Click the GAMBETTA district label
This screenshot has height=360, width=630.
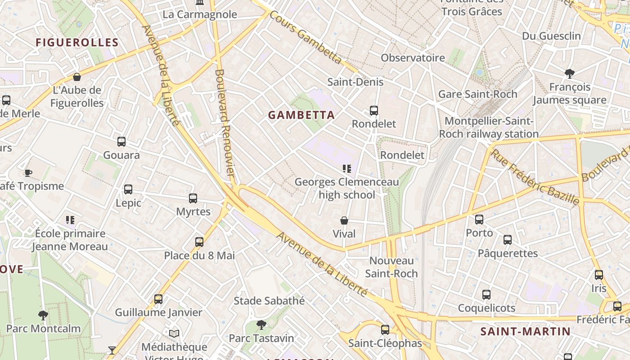coord(301,115)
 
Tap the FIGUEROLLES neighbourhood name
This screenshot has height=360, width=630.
coord(77,43)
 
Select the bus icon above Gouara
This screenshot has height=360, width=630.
coord(121,142)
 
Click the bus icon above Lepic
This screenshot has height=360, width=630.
coord(128,189)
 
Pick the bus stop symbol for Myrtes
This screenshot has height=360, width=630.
coord(193,198)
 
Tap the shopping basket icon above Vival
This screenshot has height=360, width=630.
coord(344,220)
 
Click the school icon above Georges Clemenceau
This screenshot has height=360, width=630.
coord(346,169)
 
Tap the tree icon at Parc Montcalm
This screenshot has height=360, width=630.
coord(43,315)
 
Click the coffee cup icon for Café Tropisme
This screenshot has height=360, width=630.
coord(28,173)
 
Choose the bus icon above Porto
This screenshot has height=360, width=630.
coord(479,220)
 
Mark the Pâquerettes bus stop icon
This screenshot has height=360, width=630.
coord(508,240)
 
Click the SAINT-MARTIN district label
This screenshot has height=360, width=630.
coord(525,332)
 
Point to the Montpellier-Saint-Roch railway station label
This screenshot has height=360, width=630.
coord(489,127)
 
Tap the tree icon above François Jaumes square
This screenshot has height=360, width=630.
coord(570,73)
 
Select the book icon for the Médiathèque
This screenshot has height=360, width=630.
coord(174,333)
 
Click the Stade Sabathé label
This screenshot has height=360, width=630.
coord(269,301)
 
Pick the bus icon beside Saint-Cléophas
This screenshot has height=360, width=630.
coord(385,330)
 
